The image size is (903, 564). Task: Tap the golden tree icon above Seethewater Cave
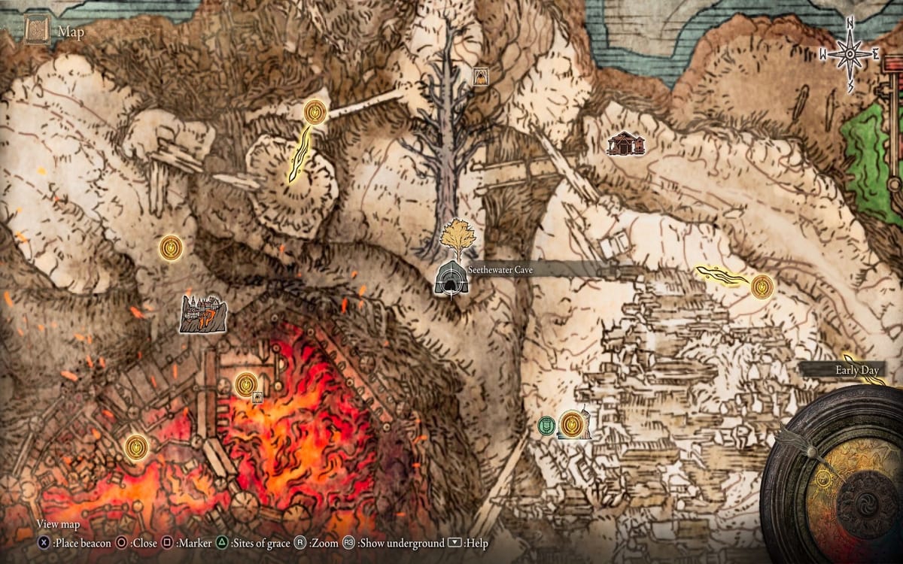(x=458, y=238)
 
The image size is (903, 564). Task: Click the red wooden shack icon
(x=625, y=143)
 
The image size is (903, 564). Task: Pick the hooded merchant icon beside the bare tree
(x=480, y=76)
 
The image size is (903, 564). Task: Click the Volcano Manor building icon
(x=203, y=313)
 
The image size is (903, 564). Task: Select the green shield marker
(x=546, y=426)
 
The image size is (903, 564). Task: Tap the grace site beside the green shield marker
(x=573, y=423)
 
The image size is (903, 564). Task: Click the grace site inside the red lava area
(x=245, y=384)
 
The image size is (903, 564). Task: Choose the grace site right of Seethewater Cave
(x=762, y=286)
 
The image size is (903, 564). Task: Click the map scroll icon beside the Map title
(x=37, y=31)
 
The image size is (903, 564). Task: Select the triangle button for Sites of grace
(x=223, y=543)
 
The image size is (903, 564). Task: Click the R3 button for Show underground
(x=349, y=543)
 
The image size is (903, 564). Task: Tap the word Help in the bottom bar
(x=479, y=543)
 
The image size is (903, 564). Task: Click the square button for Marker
(x=168, y=543)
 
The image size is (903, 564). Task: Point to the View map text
(x=58, y=525)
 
